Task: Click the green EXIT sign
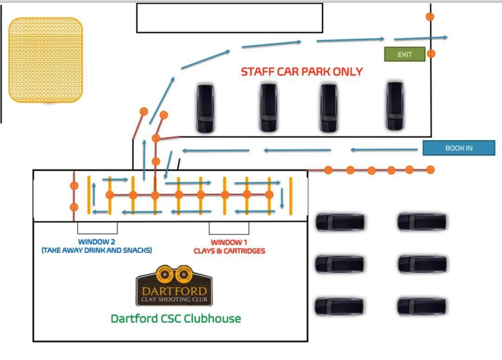tap(404, 54)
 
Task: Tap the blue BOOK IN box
tap(459, 148)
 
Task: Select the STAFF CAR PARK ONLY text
tap(302, 72)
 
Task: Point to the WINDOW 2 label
tap(97, 242)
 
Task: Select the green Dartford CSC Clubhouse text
tap(176, 319)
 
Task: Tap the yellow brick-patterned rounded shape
tap(46, 60)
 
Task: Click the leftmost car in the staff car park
tap(205, 108)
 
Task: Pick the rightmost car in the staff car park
tap(394, 107)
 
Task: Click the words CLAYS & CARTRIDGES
tap(229, 251)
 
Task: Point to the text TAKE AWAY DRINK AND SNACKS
tap(97, 250)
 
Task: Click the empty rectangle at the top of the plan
tap(229, 18)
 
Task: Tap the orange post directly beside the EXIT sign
tap(431, 53)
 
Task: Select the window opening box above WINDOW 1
tap(229, 228)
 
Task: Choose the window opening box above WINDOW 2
tap(97, 228)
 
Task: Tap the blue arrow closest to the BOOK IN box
tap(384, 150)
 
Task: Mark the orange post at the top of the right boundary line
tap(430, 17)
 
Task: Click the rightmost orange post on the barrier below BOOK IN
tap(430, 170)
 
